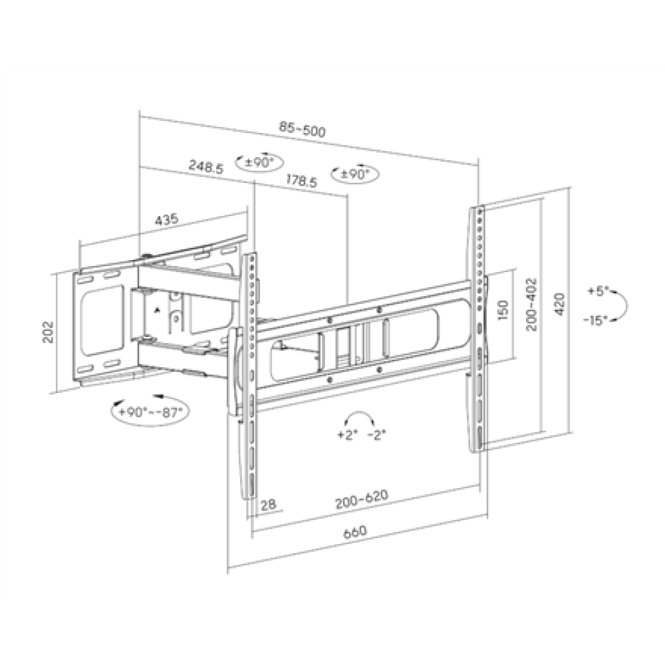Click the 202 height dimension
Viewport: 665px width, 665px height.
point(48,332)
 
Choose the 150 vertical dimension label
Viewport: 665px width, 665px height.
point(503,310)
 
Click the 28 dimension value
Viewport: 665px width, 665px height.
point(269,505)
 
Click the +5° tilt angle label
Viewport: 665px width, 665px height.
point(598,291)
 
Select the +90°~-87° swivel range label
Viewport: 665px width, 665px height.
point(152,411)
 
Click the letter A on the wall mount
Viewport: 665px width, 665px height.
point(158,311)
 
